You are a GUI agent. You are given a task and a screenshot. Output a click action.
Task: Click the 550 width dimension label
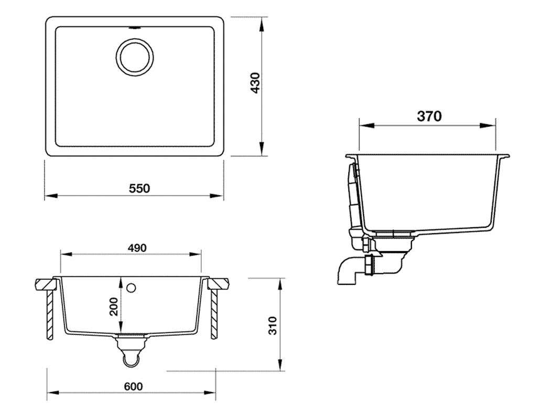tap(139, 187)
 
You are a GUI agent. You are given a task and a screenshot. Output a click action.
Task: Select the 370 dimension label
tap(429, 116)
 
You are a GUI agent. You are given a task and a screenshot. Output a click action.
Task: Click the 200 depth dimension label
tap(113, 307)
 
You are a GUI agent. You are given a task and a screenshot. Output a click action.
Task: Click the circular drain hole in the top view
tap(135, 56)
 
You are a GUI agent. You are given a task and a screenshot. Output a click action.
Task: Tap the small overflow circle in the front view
tap(131, 287)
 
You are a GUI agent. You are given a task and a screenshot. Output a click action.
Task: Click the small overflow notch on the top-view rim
tap(135, 25)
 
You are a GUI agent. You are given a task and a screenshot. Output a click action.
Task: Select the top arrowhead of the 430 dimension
tap(262, 20)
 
